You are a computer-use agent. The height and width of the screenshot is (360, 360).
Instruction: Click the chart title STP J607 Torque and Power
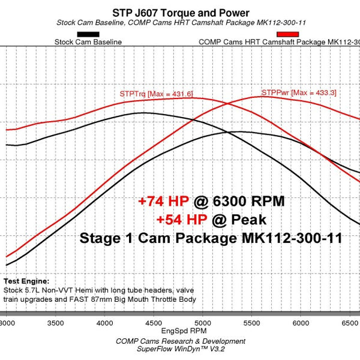click(x=181, y=13)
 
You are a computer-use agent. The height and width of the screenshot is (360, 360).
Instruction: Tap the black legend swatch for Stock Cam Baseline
click(x=88, y=34)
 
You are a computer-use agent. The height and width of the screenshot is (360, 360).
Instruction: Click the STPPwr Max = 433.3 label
click(x=298, y=93)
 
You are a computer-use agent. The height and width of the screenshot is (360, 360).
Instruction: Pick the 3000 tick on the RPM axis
click(x=8, y=322)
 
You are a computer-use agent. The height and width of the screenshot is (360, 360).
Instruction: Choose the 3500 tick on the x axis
click(x=56, y=322)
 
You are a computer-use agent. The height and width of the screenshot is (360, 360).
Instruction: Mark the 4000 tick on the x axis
click(x=105, y=322)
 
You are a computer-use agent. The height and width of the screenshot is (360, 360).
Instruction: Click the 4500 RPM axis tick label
click(x=154, y=322)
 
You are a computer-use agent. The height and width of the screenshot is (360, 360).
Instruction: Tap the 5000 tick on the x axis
click(x=203, y=322)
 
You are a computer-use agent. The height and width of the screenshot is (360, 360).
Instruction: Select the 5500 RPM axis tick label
click(x=251, y=322)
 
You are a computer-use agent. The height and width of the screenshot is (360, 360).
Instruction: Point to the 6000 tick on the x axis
click(x=300, y=322)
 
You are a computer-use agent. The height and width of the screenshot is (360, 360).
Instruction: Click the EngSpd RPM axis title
click(x=181, y=330)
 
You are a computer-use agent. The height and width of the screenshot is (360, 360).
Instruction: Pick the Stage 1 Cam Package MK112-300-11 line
click(x=211, y=238)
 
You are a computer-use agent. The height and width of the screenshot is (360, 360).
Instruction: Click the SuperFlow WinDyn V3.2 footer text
click(x=181, y=350)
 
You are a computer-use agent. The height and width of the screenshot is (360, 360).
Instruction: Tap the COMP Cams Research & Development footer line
click(x=181, y=341)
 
